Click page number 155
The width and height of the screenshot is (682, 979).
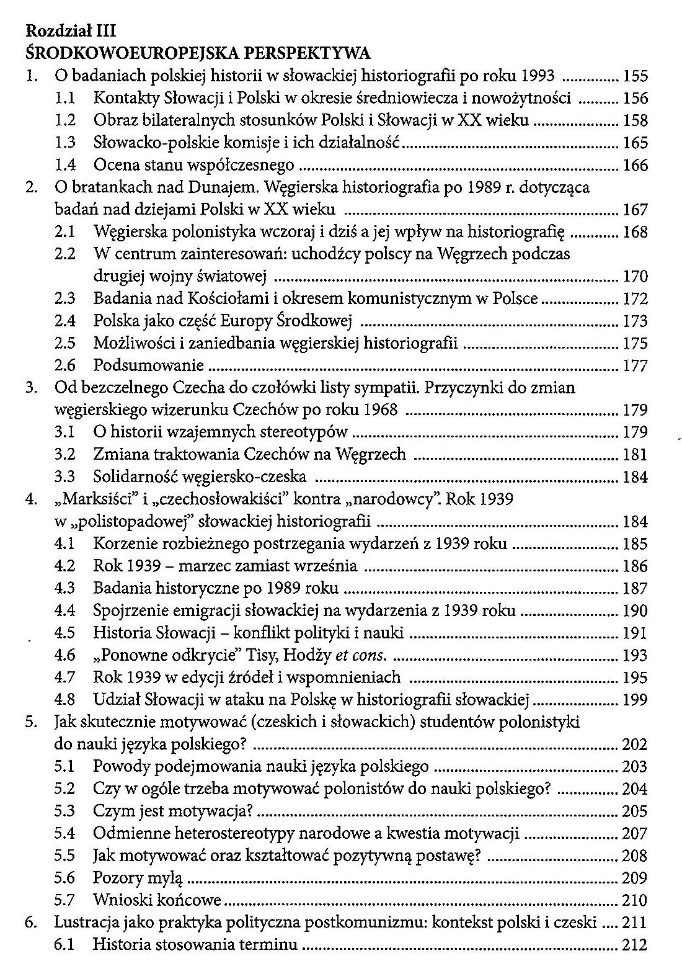[635, 76]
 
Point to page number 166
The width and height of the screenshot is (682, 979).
[635, 166]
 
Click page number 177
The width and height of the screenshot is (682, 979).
[635, 366]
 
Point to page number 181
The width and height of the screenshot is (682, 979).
[635, 455]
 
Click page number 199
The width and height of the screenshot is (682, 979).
[635, 700]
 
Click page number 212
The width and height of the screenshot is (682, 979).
[635, 945]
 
